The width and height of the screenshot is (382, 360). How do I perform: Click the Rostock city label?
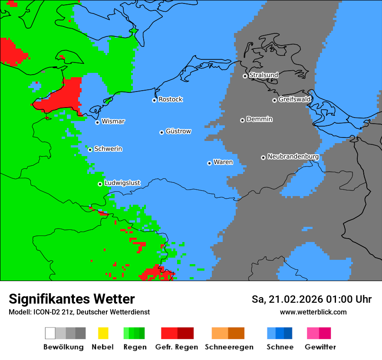pos(170,99)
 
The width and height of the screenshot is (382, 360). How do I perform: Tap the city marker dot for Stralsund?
pos(245,76)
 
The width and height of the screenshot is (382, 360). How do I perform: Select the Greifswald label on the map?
pos(294,99)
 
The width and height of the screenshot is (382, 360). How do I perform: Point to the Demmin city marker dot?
pos(242,120)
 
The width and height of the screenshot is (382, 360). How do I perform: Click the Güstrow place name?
pos(178,131)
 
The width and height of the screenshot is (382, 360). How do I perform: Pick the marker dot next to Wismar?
pos(97,122)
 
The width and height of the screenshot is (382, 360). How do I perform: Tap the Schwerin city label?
pos(108,149)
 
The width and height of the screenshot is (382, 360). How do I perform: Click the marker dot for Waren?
pos(209,163)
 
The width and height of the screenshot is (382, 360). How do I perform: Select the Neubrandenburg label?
pos(293,157)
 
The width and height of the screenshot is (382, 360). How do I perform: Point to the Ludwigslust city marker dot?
pos(100,184)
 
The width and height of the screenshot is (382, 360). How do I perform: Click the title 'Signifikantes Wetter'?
pos(72,299)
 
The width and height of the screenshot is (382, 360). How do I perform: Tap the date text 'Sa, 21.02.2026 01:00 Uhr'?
pos(312,299)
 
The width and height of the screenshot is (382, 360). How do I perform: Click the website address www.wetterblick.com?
pos(313,312)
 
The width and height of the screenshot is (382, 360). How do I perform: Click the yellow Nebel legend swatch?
pos(103,333)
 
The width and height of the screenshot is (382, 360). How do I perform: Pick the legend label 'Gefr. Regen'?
pos(177,347)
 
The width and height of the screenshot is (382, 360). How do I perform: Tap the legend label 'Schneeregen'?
pos(229,347)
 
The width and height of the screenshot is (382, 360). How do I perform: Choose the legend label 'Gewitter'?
pos(320,347)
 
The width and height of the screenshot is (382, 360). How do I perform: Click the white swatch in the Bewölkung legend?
pos(50,333)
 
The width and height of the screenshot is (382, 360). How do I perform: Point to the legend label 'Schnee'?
pos(280,347)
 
